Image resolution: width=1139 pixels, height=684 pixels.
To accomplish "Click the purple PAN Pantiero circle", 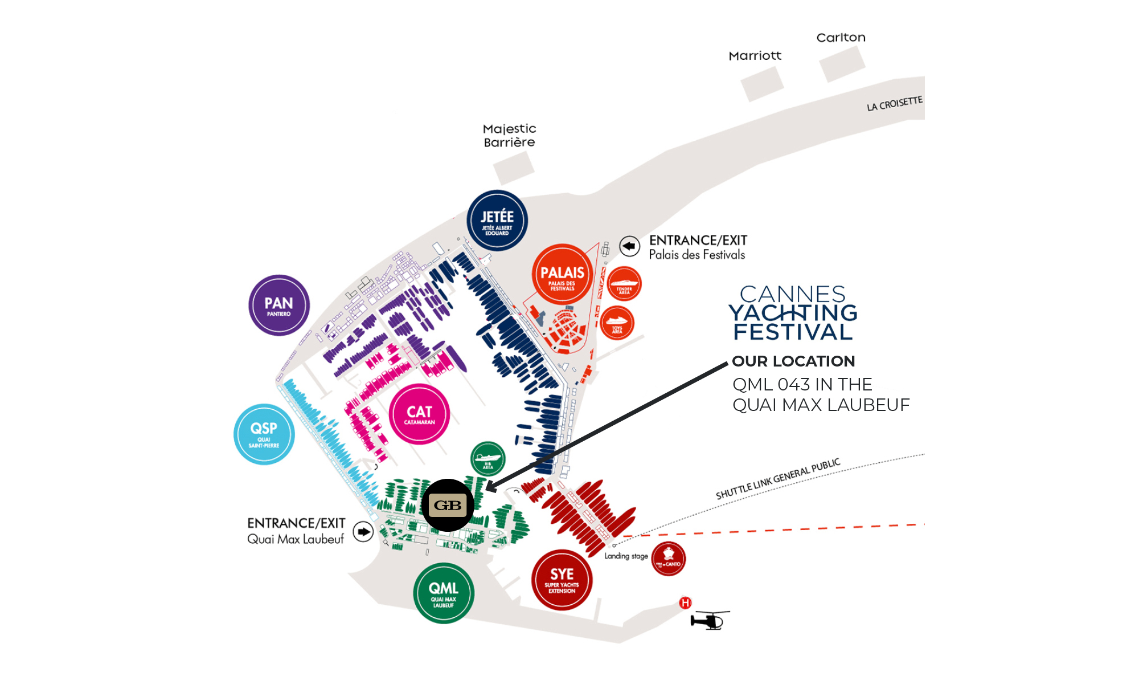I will [279, 306].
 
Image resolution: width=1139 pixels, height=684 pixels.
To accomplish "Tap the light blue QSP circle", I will [264, 434].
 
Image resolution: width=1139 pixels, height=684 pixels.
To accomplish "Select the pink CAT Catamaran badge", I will [420, 414].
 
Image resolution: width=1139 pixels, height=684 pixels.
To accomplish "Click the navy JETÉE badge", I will [497, 220].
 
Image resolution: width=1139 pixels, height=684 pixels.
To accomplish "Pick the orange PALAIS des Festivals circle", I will [562, 275].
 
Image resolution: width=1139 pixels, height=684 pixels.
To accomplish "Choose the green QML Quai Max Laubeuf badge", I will [444, 593].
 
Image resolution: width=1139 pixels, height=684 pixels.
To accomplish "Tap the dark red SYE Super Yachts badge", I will [562, 580].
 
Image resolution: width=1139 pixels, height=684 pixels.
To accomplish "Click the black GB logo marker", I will [448, 505].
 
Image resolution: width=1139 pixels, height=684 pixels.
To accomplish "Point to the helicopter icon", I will [709, 620].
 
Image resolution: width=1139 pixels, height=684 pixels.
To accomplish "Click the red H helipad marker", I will [685, 602].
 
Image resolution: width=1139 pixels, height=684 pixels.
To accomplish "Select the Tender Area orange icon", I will [624, 283].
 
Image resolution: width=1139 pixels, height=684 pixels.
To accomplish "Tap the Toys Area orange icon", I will [617, 323].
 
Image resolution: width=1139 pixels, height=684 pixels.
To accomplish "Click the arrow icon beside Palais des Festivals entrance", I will [629, 246].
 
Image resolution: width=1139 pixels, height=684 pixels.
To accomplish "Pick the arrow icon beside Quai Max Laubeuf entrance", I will [363, 532].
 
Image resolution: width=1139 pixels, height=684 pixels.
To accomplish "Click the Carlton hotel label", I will [841, 38].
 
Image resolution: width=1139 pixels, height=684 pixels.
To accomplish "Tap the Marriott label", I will [755, 56].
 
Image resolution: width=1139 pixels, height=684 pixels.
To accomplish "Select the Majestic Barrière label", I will [509, 136].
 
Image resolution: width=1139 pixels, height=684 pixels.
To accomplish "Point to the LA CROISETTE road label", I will [894, 104].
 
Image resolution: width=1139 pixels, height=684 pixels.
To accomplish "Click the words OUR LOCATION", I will [793, 361].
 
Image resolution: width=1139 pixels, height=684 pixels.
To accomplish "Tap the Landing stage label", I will [626, 556].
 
